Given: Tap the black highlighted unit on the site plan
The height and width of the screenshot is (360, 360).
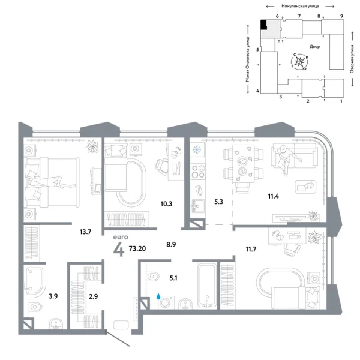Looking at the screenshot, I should pos(263,25).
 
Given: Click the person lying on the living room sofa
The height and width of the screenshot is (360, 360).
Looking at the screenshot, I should pos(285,157).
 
